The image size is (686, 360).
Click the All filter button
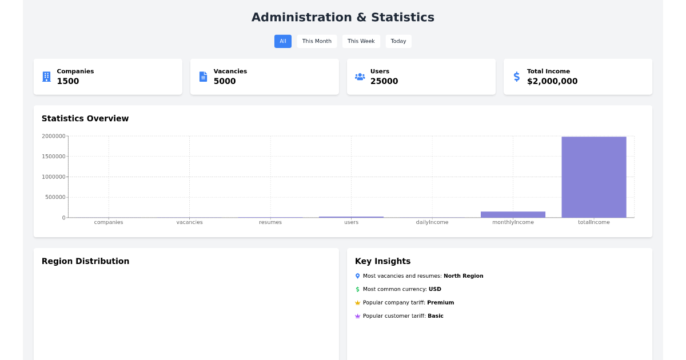click(x=282, y=41)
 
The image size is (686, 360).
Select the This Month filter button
click(x=317, y=41)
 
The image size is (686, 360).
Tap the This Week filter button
click(x=361, y=41)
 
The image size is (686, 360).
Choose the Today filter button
click(x=398, y=41)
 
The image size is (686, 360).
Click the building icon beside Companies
click(x=46, y=77)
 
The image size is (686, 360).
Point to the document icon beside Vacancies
click(x=203, y=77)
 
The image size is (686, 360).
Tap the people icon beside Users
click(x=360, y=77)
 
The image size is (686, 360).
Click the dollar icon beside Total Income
click(x=517, y=77)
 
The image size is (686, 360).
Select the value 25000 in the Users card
click(x=384, y=81)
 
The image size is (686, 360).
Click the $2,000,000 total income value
click(x=552, y=81)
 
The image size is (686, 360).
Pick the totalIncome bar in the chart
click(x=593, y=177)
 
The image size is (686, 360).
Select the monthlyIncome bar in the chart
click(x=513, y=214)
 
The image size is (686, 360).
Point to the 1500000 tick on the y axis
click(x=54, y=157)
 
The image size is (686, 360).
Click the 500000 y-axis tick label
click(x=55, y=197)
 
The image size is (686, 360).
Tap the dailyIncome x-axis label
click(x=432, y=222)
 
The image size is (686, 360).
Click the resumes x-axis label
click(x=270, y=222)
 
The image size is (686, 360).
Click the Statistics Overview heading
click(x=85, y=118)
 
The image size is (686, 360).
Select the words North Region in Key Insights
click(x=463, y=276)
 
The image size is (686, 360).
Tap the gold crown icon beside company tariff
click(x=358, y=303)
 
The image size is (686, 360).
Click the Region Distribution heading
click(x=85, y=261)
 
